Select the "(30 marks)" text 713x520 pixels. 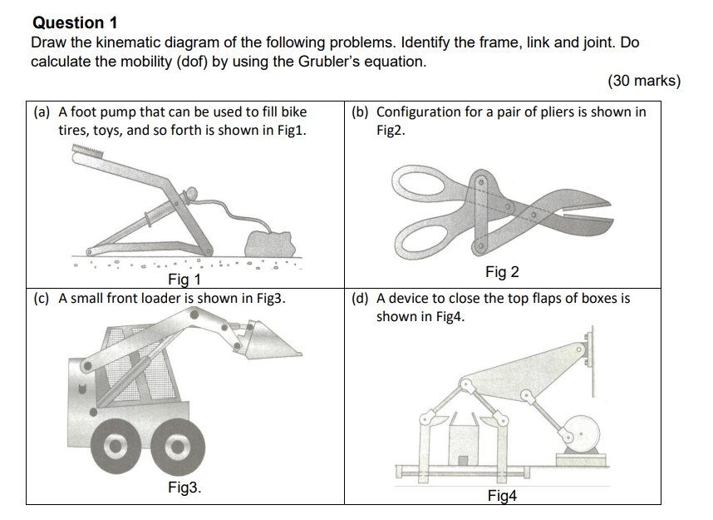click(644, 81)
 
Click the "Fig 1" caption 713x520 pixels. click(184, 280)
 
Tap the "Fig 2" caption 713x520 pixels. click(502, 272)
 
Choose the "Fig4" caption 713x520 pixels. click(502, 496)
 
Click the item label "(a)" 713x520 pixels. click(42, 111)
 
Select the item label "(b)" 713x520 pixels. click(361, 111)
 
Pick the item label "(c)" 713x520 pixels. click(42, 298)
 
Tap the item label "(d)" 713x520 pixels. click(361, 298)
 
